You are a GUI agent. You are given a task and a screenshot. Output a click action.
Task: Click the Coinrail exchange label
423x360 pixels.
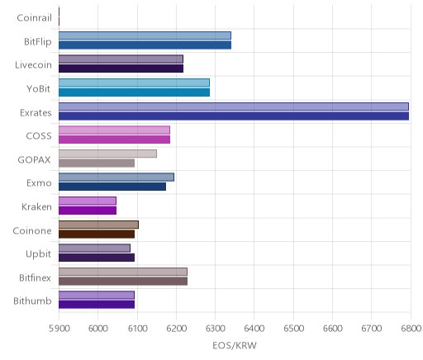click(34, 18)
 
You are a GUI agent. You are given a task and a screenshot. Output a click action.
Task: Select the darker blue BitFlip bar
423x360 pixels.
click(145, 45)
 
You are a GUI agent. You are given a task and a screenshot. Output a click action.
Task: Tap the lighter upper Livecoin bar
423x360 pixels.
click(121, 59)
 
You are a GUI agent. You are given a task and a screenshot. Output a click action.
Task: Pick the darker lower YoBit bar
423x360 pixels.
click(134, 92)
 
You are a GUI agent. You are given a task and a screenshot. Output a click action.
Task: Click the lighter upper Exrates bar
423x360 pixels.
click(234, 107)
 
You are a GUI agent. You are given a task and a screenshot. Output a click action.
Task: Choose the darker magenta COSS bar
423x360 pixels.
click(114, 140)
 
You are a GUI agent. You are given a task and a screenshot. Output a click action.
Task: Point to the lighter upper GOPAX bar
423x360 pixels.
click(107, 154)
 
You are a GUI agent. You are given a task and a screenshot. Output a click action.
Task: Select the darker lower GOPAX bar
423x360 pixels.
click(97, 163)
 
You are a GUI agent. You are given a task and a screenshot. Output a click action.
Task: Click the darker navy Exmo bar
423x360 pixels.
click(112, 187)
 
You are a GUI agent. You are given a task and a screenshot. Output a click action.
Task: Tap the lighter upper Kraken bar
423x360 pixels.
click(88, 201)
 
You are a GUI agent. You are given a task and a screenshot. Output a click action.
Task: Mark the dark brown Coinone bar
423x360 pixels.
click(97, 234)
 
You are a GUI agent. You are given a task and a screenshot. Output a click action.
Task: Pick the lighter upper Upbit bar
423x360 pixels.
click(94, 248)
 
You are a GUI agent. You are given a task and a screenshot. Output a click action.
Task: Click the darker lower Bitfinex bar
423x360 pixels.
click(123, 281)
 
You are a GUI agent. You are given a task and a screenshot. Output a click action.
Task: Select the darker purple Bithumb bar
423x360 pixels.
click(97, 305)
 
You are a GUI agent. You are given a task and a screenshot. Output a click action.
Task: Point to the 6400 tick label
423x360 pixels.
click(254, 329)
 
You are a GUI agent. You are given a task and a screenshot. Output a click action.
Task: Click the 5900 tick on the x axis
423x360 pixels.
click(59, 329)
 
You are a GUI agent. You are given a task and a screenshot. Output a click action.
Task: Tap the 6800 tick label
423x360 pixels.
click(411, 329)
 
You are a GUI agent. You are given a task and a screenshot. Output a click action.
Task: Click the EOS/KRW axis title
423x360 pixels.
click(235, 345)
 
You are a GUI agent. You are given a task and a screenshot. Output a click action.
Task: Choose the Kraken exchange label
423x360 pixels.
click(36, 206)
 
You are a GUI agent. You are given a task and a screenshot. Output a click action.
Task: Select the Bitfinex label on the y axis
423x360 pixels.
click(35, 277)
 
